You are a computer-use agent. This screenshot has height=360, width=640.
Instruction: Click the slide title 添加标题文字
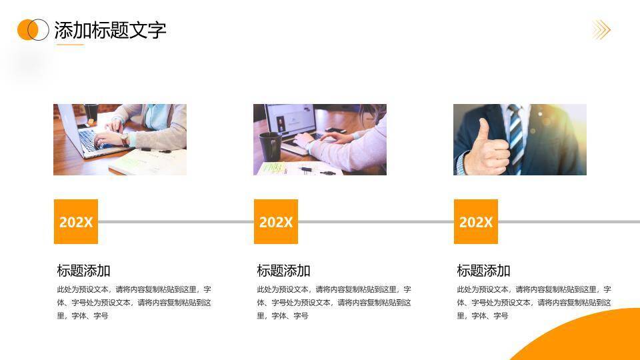point(110,30)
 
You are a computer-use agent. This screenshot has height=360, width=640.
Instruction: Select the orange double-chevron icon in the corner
point(601,30)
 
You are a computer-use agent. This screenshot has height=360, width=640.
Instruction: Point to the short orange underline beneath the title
point(70,45)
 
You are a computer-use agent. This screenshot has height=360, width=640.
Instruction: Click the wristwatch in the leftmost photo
point(125,139)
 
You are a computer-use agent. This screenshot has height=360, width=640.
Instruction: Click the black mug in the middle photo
point(270,146)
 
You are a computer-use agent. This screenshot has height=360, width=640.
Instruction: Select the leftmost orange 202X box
point(76,221)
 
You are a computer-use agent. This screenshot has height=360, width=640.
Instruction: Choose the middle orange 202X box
point(276,221)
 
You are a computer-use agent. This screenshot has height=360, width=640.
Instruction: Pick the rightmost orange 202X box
point(476,221)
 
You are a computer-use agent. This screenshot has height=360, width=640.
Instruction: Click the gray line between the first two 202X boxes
point(176,222)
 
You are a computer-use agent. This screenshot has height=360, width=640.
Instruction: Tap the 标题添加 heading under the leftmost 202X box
point(84,271)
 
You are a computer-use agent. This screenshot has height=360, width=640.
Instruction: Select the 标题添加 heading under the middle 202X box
point(284,271)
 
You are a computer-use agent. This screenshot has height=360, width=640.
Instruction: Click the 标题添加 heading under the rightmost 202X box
point(484,271)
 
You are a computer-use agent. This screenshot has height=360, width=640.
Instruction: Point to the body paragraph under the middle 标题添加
point(334,303)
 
